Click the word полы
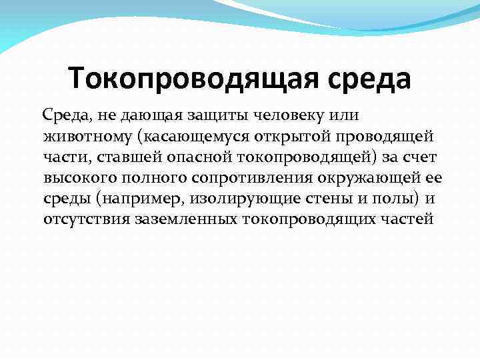385,199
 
